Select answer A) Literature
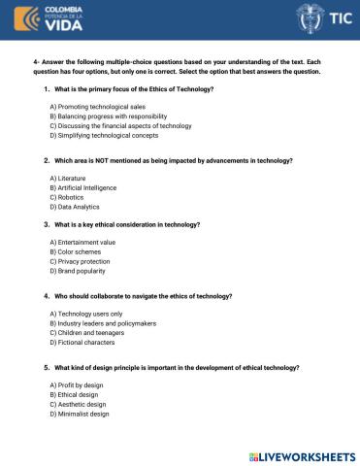point(67,180)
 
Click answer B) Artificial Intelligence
point(87,189)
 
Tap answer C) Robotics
point(67,198)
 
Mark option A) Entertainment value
point(83,242)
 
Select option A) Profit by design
point(78,386)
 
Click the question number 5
point(47,369)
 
